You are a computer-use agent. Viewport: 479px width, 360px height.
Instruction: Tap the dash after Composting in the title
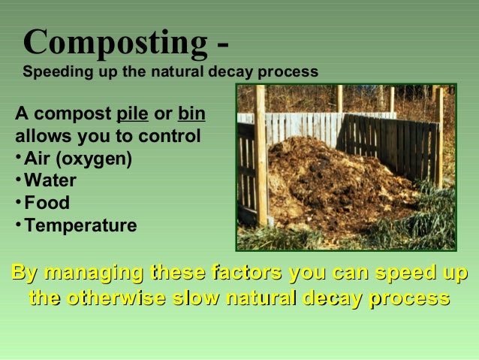click(221, 44)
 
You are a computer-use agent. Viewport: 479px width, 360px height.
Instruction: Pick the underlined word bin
click(191, 116)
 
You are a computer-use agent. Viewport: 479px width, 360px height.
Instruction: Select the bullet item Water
click(50, 181)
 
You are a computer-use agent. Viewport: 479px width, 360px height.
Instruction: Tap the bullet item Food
click(47, 203)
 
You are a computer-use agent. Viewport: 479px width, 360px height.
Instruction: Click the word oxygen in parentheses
click(100, 160)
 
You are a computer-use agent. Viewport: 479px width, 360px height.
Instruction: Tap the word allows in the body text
click(38, 138)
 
